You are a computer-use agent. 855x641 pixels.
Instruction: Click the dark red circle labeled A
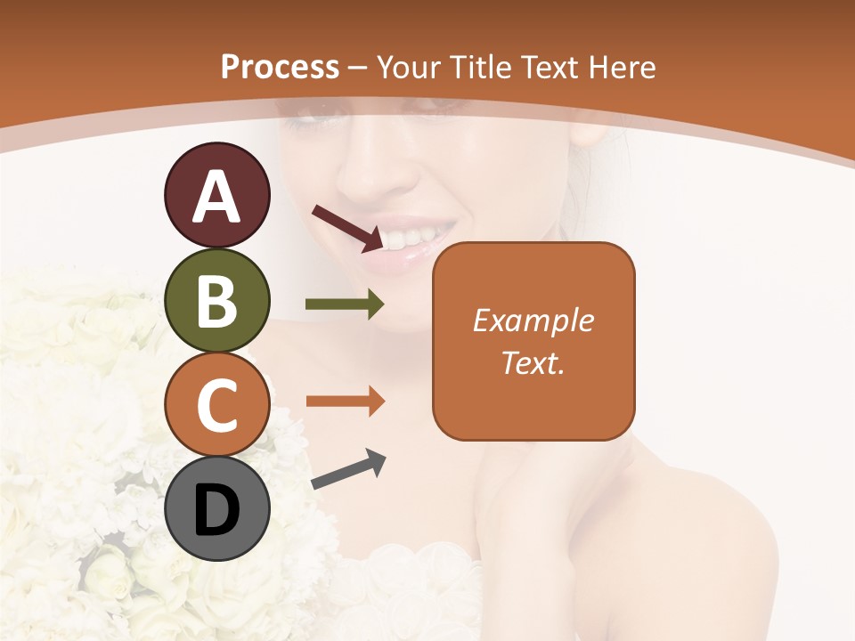click(x=216, y=195)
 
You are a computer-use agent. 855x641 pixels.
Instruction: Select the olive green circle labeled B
click(x=216, y=300)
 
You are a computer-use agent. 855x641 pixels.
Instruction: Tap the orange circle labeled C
click(x=216, y=403)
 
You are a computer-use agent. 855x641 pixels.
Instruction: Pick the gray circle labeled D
click(x=216, y=508)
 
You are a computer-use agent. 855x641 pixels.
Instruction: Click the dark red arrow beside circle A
click(x=347, y=227)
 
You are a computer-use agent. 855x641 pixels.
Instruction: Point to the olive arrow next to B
click(x=345, y=304)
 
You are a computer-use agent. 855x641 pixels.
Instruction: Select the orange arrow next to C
click(x=345, y=402)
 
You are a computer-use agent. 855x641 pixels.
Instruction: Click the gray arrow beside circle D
click(x=348, y=469)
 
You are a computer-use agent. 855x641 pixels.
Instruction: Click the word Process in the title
click(x=280, y=67)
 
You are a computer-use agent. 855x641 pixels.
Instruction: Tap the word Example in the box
click(x=533, y=320)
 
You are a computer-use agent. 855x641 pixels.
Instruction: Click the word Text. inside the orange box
click(x=533, y=363)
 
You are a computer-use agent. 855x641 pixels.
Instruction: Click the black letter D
click(x=216, y=510)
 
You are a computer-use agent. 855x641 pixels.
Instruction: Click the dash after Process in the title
click(x=358, y=68)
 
